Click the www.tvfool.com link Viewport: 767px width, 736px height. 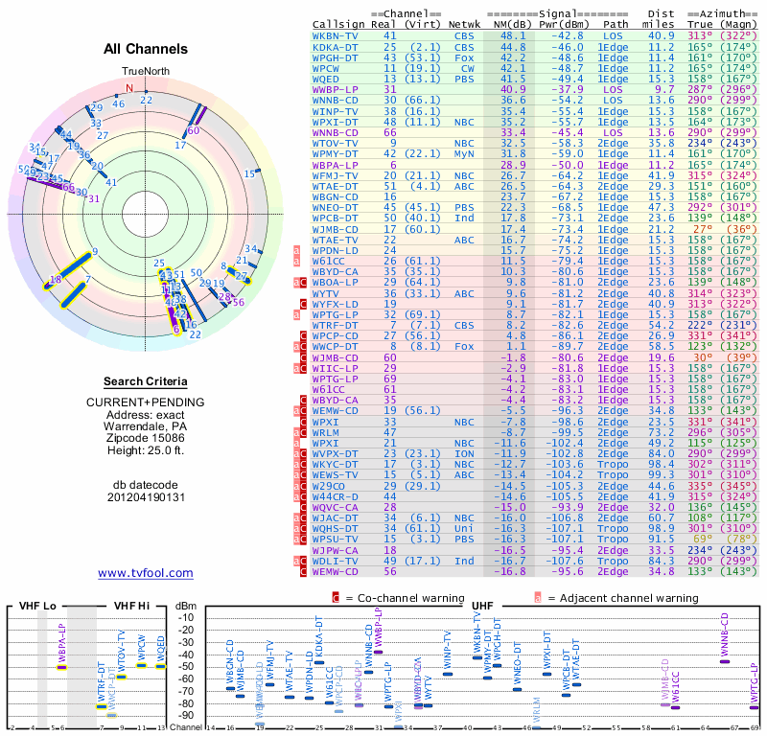tap(145, 573)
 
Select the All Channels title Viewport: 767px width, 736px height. tap(146, 49)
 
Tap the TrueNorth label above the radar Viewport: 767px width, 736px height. tap(145, 72)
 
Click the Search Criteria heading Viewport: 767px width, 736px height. tap(145, 380)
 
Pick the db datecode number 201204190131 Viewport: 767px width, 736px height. tap(145, 497)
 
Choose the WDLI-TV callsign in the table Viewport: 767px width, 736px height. tap(336, 561)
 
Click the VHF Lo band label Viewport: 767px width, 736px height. tap(37, 607)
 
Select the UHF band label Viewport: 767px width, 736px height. tap(483, 607)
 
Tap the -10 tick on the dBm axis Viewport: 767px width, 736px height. tap(186, 617)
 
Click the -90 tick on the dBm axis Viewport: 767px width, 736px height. tap(186, 715)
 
